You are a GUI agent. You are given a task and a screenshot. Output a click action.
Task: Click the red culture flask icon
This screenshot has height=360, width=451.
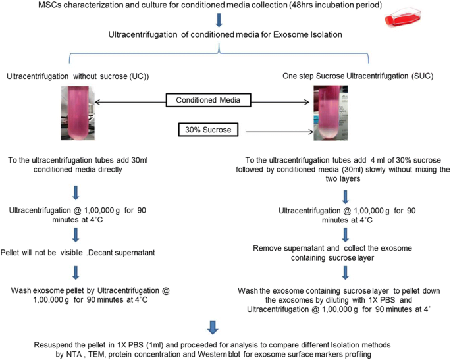click(x=403, y=18)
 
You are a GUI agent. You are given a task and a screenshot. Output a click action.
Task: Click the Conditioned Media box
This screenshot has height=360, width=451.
click(x=208, y=100)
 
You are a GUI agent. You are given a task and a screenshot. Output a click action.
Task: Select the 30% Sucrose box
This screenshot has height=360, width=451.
click(x=208, y=130)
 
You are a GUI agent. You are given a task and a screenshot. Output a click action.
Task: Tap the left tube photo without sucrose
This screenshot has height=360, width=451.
click(x=78, y=113)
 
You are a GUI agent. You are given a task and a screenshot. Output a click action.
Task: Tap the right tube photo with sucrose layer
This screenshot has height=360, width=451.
click(x=331, y=113)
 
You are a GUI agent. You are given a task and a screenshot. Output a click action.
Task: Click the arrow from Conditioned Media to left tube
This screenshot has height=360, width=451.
click(x=130, y=102)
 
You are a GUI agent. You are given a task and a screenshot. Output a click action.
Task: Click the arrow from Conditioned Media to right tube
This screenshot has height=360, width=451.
click(x=280, y=102)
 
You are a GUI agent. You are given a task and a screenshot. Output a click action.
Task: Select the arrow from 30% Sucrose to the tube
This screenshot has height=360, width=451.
click(x=280, y=132)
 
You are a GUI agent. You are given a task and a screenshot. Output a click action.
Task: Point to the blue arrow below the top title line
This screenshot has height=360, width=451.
click(x=219, y=20)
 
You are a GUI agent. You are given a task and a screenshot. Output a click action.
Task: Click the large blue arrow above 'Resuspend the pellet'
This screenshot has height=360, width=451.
click(x=213, y=327)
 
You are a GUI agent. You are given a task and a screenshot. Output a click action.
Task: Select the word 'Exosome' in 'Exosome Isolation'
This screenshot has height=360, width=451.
click(x=290, y=34)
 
